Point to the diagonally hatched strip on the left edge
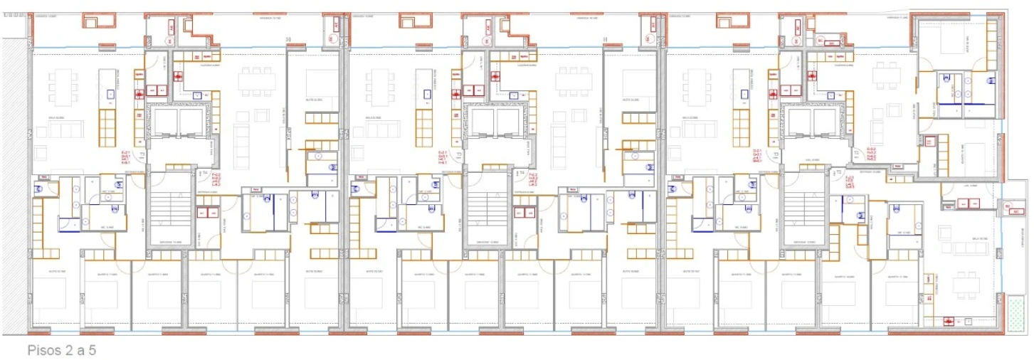[14, 184]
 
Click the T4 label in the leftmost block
[202, 173]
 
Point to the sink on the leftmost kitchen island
[111, 94]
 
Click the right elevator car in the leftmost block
[191, 122]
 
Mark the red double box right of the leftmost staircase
[207, 213]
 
